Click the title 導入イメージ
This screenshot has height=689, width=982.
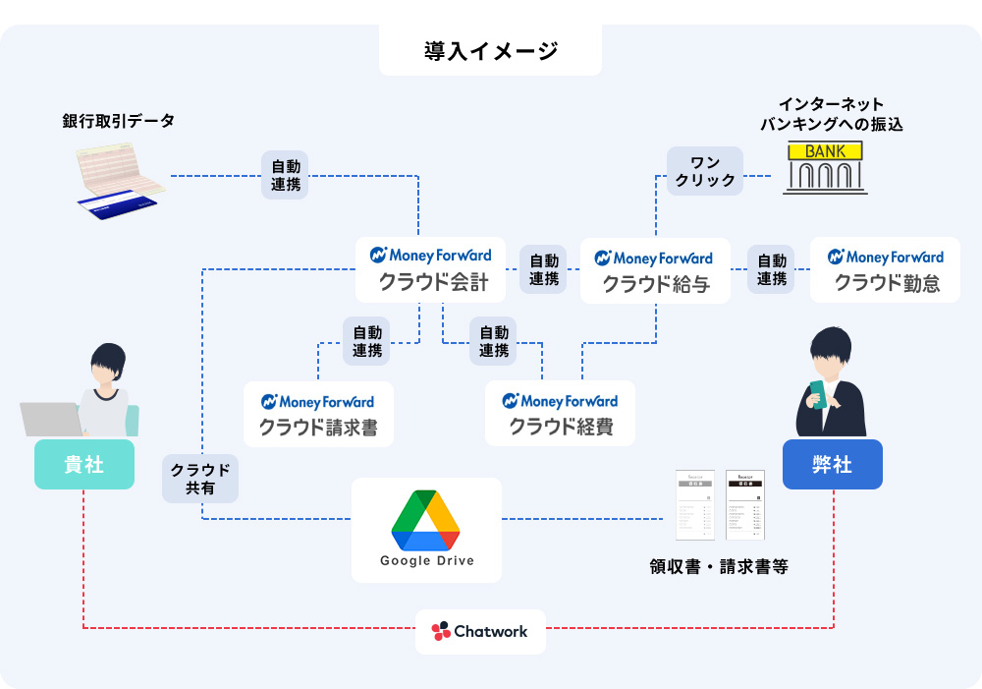point(490,51)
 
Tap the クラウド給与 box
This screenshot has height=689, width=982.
point(655,270)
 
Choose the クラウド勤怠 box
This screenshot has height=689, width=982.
point(885,269)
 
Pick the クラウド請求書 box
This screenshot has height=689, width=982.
point(317,414)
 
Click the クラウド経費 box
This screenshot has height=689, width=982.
point(560,414)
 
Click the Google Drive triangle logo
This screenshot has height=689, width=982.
point(426,519)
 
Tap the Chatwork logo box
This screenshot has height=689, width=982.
point(479,631)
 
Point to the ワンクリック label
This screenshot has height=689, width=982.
point(705,171)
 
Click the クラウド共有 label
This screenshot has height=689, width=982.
point(200,479)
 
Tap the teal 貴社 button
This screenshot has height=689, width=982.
point(83,464)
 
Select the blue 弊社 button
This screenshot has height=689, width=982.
point(832,464)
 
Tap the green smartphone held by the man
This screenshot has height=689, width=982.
point(819,390)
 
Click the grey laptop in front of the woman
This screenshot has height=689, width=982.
point(51,419)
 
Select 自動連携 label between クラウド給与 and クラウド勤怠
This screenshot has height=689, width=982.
point(771,270)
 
